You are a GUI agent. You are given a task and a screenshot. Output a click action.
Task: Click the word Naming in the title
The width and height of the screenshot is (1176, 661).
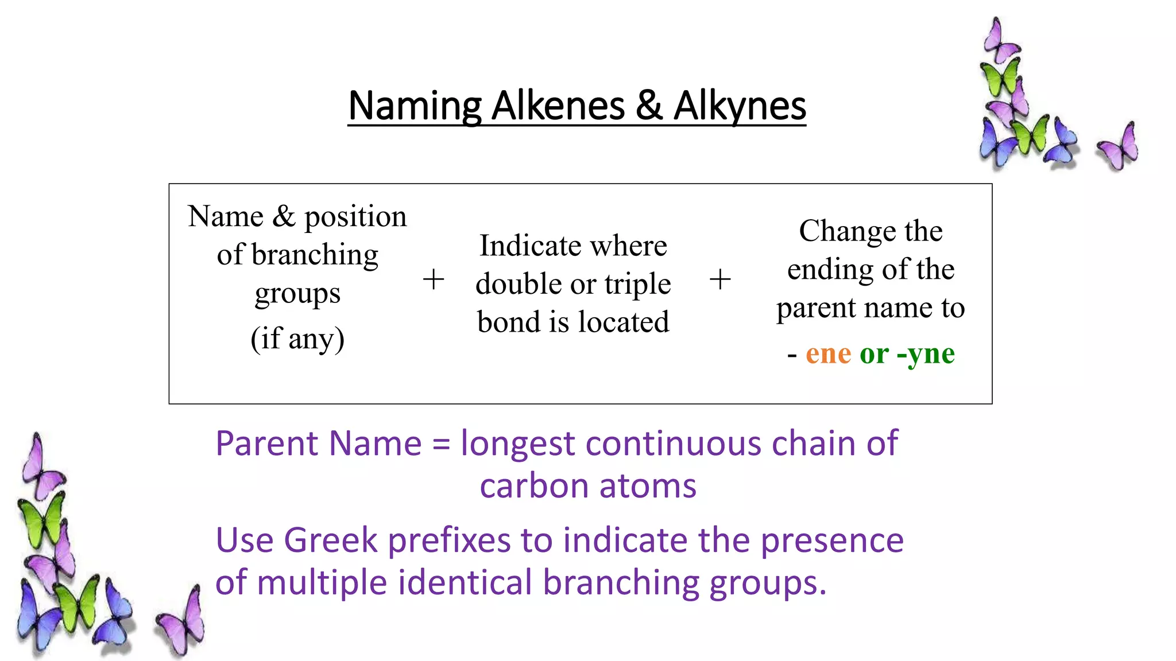click(414, 107)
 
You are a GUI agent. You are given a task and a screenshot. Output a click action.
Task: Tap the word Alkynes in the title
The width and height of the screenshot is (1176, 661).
click(740, 107)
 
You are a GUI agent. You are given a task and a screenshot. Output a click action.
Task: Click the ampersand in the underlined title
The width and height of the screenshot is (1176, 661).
click(649, 107)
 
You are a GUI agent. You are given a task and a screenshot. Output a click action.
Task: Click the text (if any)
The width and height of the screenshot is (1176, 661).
click(297, 338)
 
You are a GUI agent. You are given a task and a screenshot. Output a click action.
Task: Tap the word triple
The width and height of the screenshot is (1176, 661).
click(637, 284)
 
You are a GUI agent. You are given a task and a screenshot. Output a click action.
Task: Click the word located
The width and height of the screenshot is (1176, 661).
click(624, 322)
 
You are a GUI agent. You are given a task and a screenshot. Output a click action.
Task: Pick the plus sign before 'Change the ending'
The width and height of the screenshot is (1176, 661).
click(720, 280)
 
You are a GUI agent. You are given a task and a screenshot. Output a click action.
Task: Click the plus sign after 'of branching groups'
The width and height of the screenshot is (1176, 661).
click(434, 280)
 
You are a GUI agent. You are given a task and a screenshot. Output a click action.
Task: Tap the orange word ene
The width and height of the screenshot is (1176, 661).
click(828, 353)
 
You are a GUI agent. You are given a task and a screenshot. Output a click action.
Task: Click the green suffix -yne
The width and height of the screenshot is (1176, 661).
click(926, 354)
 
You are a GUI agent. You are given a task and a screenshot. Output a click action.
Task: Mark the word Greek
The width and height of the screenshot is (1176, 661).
click(330, 541)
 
